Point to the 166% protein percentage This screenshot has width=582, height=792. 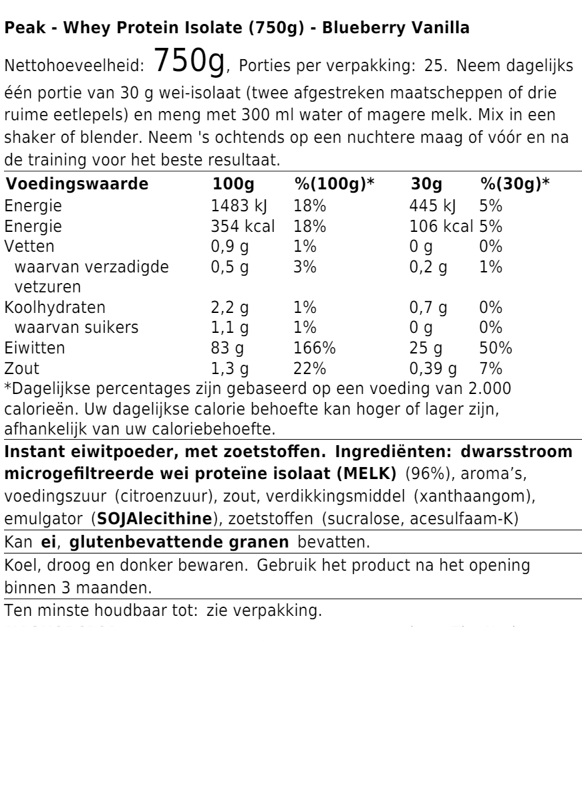point(315,348)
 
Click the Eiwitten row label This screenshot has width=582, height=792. point(31,348)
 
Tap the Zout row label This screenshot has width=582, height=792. point(21,369)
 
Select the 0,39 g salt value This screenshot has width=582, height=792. point(434,369)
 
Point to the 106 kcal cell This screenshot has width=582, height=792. point(440,226)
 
